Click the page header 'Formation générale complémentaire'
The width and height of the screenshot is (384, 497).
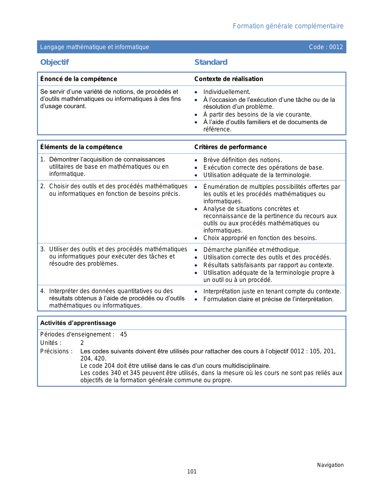[x=288, y=26]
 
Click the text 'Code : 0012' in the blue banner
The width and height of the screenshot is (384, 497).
[x=326, y=47]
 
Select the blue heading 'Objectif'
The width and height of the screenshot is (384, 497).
[x=55, y=62]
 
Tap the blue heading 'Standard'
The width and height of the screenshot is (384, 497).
[x=211, y=62]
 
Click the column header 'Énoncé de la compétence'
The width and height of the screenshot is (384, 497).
[x=79, y=79]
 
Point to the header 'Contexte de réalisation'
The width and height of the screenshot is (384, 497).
[x=229, y=79]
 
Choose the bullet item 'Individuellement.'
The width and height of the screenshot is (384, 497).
[x=227, y=92]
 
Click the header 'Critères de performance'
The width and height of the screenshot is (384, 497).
[x=230, y=147]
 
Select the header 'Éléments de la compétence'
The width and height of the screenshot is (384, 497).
[x=81, y=147]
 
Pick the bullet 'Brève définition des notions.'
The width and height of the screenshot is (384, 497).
[x=242, y=160]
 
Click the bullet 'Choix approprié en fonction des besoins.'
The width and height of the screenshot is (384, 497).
[x=260, y=238]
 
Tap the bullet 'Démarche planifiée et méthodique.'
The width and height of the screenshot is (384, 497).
[x=252, y=250]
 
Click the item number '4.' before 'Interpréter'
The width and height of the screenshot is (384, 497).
[x=43, y=291]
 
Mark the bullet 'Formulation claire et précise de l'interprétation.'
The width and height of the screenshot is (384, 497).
[x=268, y=299]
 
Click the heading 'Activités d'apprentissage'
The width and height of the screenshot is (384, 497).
[x=78, y=323]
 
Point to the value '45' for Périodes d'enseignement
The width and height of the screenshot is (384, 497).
[x=123, y=334]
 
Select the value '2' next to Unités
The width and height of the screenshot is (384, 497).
[x=82, y=343]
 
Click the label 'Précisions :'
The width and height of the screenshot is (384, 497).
[x=56, y=351]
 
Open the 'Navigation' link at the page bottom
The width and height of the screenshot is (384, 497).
[x=330, y=465]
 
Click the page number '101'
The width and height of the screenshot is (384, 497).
[x=192, y=472]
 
